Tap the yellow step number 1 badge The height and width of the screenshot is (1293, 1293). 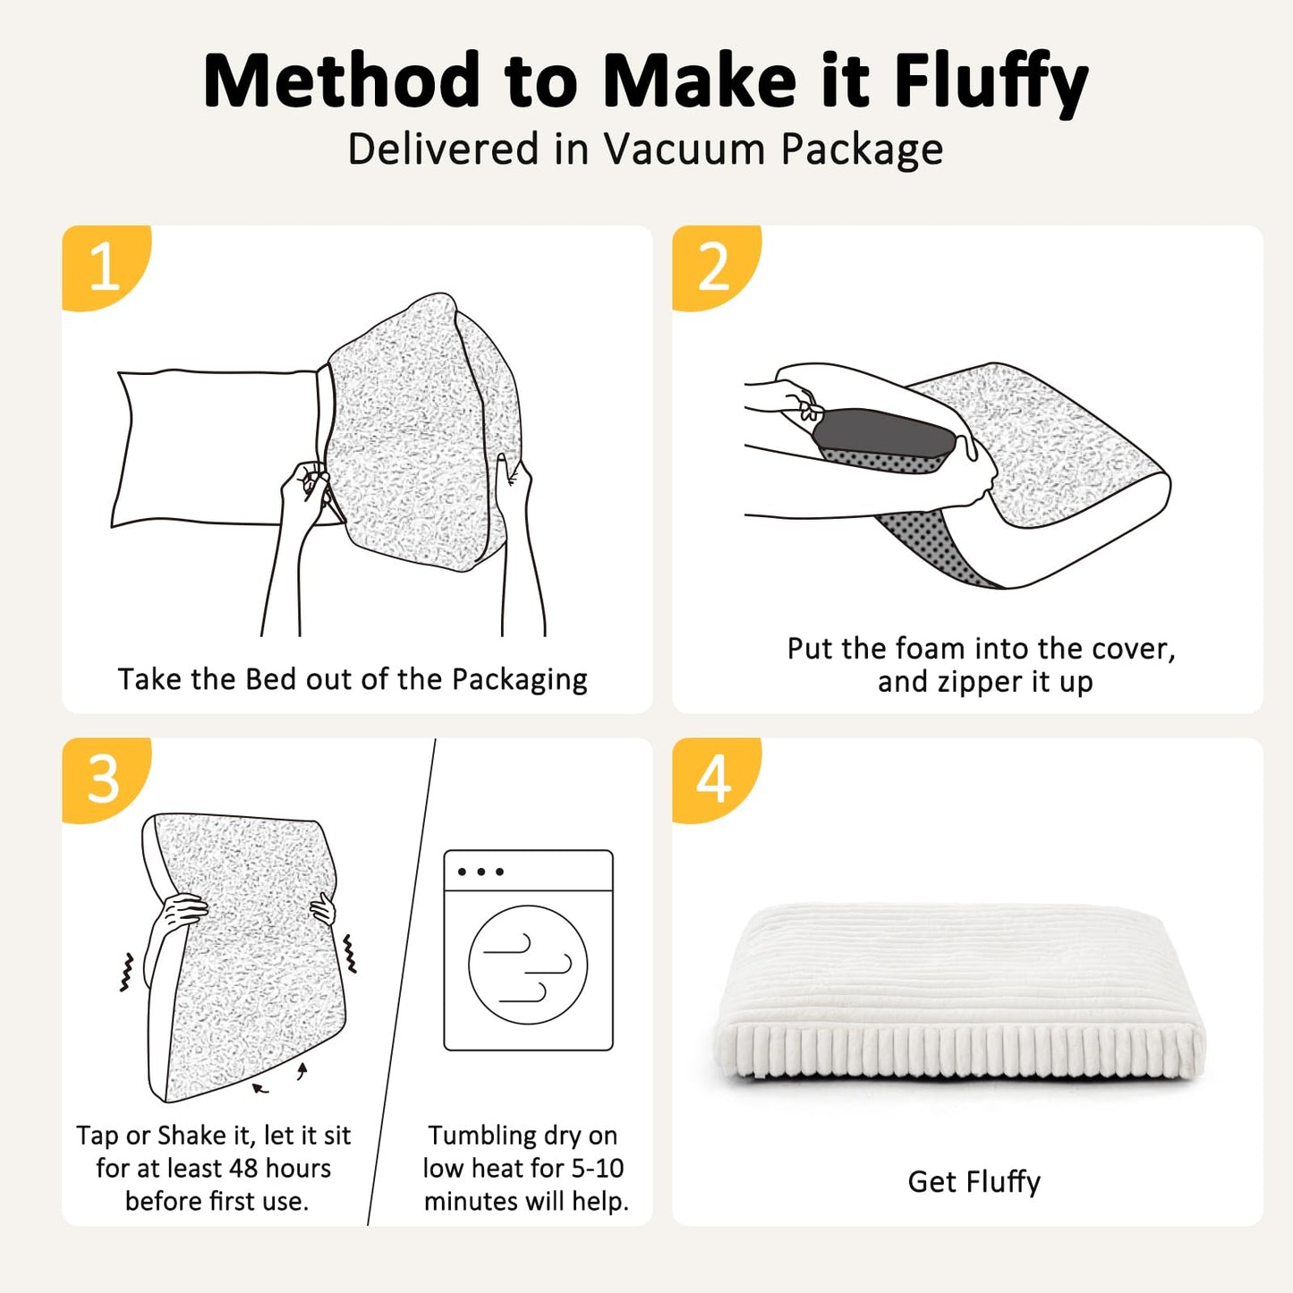(103, 266)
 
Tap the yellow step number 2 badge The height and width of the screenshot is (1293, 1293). (713, 266)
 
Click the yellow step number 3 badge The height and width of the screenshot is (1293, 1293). (103, 778)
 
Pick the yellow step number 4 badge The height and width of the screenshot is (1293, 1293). (713, 778)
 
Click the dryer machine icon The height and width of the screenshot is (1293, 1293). (528, 949)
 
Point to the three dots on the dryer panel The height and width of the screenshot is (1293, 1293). (481, 872)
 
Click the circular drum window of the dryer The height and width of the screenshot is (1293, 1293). (528, 965)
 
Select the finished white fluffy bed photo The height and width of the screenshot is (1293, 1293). (960, 993)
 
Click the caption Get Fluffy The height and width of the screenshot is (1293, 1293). (974, 1181)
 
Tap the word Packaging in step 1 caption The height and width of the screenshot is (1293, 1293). (519, 680)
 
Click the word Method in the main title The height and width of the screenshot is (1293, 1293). (341, 82)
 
